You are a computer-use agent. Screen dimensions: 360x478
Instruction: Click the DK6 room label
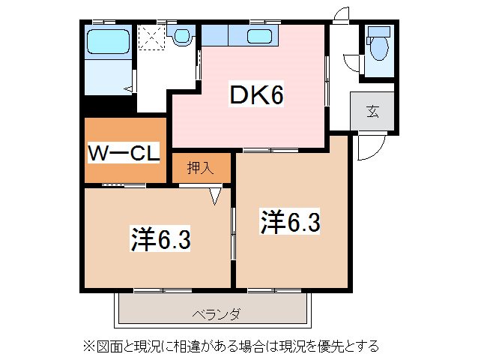point(255,95)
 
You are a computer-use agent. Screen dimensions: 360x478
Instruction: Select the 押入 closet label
point(200,167)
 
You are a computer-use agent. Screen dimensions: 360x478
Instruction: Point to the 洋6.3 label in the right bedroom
point(291,221)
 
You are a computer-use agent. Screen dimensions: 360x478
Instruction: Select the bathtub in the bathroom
point(109,41)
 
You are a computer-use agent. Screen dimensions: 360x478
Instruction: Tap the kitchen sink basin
point(260,36)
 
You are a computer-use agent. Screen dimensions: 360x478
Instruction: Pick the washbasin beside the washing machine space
point(182,34)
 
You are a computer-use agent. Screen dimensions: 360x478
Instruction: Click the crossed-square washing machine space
point(153,36)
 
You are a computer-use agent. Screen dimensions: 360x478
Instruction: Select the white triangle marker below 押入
point(216,196)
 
